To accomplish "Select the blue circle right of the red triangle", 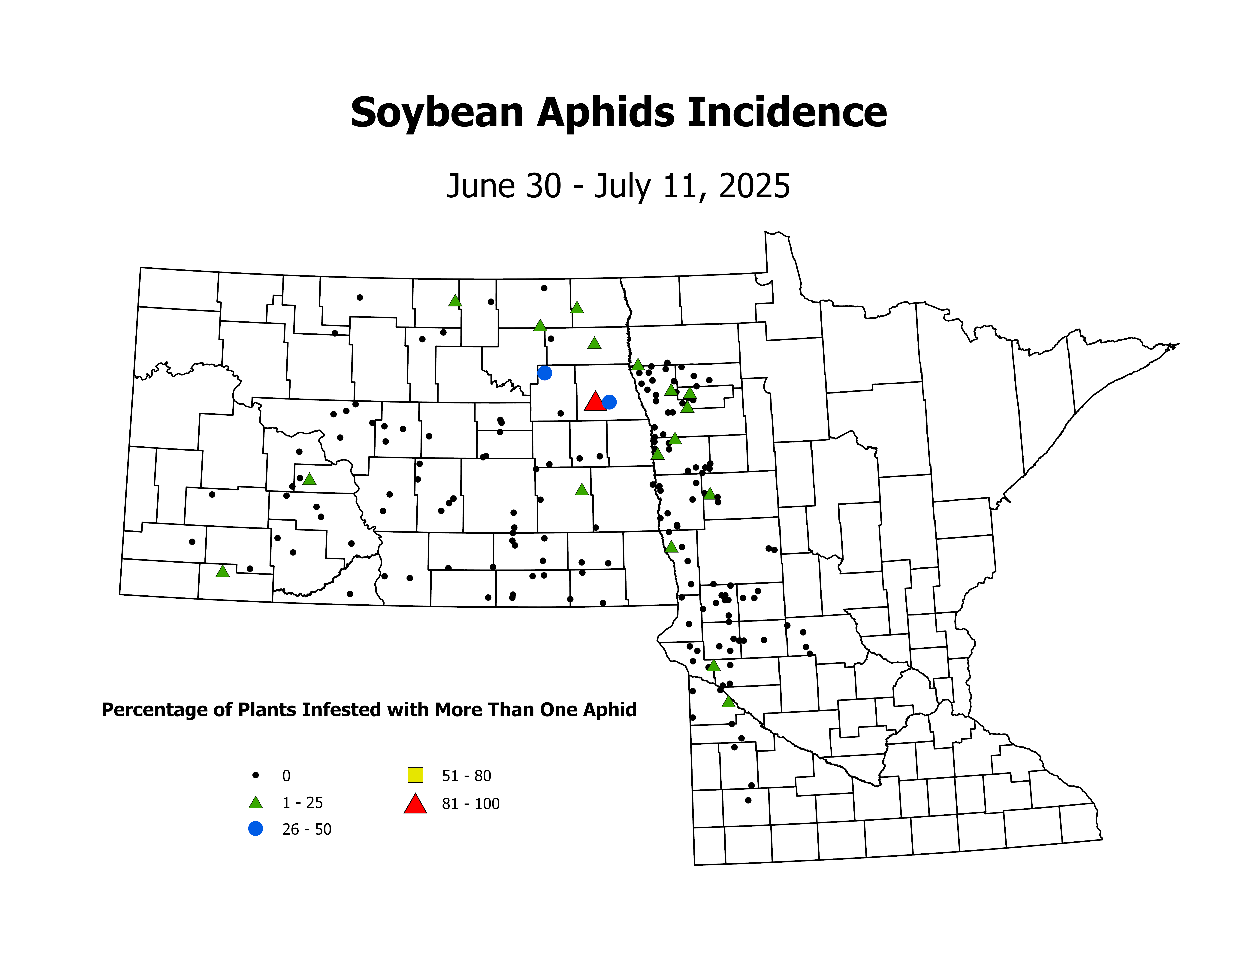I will [x=609, y=402].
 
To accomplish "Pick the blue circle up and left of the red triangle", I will [x=544, y=372].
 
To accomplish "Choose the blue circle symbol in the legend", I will [x=256, y=828].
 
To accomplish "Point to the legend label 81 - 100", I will [x=470, y=804].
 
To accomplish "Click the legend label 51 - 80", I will [x=466, y=776].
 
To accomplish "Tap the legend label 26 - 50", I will [x=307, y=829].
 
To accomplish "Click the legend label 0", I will [x=286, y=776].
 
